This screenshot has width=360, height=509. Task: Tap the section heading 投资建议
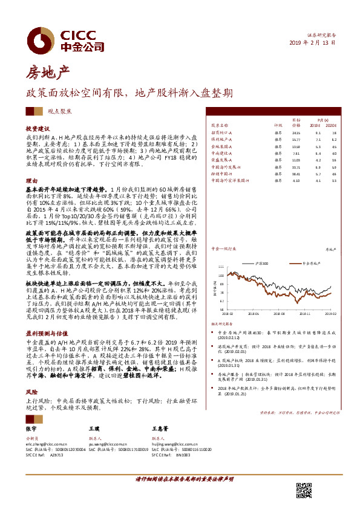pyautogui.click(x=36, y=129)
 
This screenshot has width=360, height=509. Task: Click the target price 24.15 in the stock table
pyautogui.click(x=296, y=132)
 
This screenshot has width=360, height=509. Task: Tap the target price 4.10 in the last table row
pyautogui.click(x=296, y=180)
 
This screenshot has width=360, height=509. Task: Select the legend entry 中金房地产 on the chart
pyautogui.click(x=312, y=264)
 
